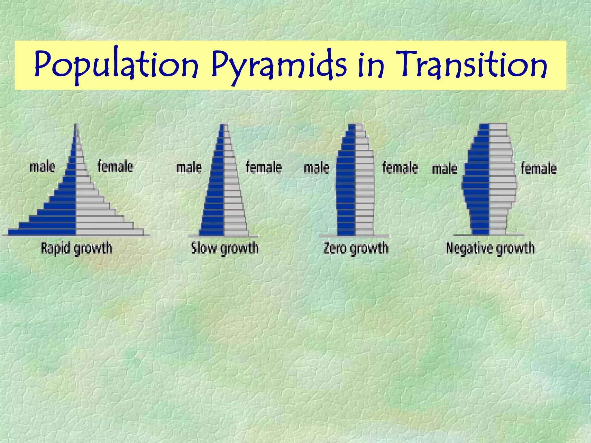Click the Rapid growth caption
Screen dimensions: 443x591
pyautogui.click(x=76, y=248)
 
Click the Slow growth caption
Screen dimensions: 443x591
pyautogui.click(x=225, y=248)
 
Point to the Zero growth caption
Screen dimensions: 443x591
pyautogui.click(x=356, y=248)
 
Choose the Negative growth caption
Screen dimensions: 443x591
pyautogui.click(x=490, y=248)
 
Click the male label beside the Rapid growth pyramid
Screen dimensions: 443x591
pyautogui.click(x=42, y=167)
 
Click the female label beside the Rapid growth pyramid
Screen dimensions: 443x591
pyautogui.click(x=115, y=166)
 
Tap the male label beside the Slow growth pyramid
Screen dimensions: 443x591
pyautogui.click(x=189, y=168)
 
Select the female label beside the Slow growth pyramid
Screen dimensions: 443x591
pyautogui.click(x=263, y=167)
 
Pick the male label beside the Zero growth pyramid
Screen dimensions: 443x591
pyautogui.click(x=316, y=168)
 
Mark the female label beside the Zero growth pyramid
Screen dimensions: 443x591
pyautogui.click(x=400, y=168)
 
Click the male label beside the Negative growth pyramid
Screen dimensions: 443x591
pyautogui.click(x=444, y=169)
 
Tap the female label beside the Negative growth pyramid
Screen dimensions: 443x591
pyautogui.click(x=538, y=168)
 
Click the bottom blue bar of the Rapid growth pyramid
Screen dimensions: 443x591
pyautogui.click(x=42, y=232)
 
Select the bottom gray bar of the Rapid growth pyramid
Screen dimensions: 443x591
pyautogui.click(x=110, y=232)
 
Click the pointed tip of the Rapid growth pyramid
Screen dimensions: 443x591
pyautogui.click(x=76, y=126)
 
